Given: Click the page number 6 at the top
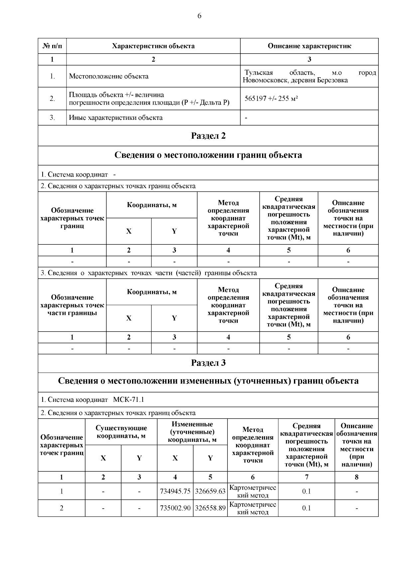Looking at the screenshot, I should (x=199, y=16).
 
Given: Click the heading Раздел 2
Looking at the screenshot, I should (x=208, y=136).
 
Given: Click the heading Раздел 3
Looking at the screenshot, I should (x=208, y=363).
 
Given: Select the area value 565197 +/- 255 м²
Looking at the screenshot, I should (x=271, y=99).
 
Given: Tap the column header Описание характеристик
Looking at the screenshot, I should (x=309, y=46).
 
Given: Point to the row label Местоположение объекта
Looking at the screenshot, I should (x=109, y=76).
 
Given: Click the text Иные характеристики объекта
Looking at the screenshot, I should (x=116, y=118).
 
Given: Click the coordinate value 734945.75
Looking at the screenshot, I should (x=175, y=491).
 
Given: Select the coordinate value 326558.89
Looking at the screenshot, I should (x=210, y=508).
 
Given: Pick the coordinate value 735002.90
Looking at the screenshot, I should (x=175, y=508).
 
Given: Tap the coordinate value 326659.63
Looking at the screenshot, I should (x=210, y=491).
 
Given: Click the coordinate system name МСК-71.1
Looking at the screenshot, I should (x=128, y=400).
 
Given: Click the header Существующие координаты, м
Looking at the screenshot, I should (x=121, y=432).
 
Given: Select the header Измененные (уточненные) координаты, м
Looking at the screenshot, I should (x=192, y=432).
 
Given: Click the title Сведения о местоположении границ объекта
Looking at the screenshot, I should (x=208, y=155).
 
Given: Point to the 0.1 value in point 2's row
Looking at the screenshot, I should (x=306, y=508).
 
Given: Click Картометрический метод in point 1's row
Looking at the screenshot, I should (x=253, y=491).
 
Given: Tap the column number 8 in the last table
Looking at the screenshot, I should (x=356, y=477).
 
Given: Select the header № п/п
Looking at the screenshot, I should (x=52, y=46).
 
